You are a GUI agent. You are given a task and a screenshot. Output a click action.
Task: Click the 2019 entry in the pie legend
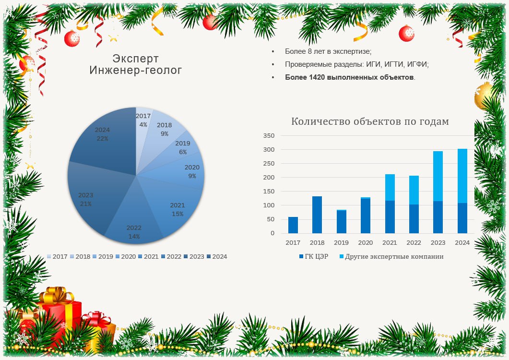103,257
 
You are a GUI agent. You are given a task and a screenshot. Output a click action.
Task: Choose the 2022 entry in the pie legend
171,257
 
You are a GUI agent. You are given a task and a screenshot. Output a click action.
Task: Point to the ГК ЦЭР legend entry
314,256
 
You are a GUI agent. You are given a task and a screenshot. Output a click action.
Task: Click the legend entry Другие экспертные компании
391,256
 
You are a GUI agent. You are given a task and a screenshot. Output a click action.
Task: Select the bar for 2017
293,225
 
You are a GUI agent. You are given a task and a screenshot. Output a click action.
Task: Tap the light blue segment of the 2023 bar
438,176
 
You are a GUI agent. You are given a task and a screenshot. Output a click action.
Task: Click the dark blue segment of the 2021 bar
390,217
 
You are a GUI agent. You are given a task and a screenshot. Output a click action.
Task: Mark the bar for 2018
317,215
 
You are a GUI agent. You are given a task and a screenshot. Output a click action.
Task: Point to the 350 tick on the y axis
269,135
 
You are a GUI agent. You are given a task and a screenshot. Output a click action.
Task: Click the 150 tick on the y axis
269,192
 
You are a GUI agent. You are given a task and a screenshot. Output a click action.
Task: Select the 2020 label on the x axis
366,243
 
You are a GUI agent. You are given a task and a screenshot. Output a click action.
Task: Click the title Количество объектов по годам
370,121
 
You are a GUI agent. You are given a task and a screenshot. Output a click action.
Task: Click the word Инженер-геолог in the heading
136,70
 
